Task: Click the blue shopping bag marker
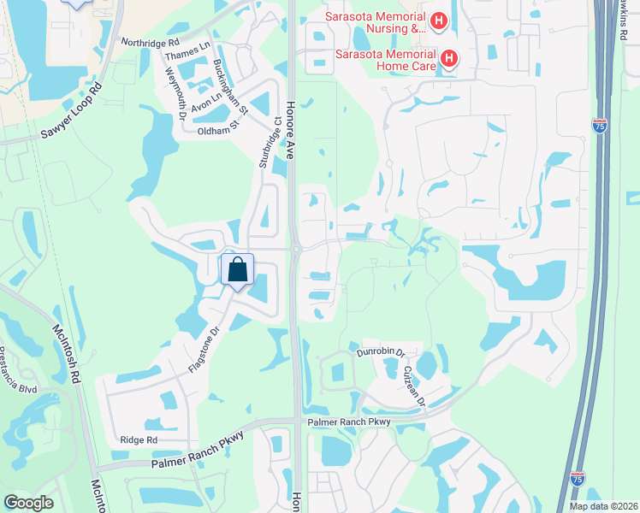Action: click(238, 269)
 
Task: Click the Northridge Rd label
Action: click(151, 41)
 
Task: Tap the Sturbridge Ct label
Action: click(271, 142)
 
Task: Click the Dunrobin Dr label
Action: click(380, 352)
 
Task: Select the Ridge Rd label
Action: click(139, 439)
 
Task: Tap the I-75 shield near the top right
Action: click(600, 126)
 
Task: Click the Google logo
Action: click(28, 502)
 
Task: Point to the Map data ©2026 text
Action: click(603, 506)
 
